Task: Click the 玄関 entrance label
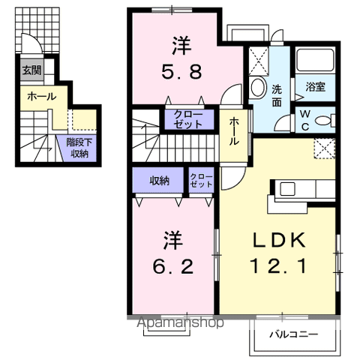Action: (x=31, y=70)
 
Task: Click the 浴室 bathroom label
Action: (x=315, y=87)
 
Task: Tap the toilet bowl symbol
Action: (x=324, y=120)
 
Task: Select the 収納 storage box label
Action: (x=158, y=181)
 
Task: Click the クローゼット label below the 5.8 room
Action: (x=187, y=119)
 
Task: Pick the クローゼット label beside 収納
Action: (x=202, y=181)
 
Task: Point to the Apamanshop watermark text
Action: (x=180, y=323)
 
